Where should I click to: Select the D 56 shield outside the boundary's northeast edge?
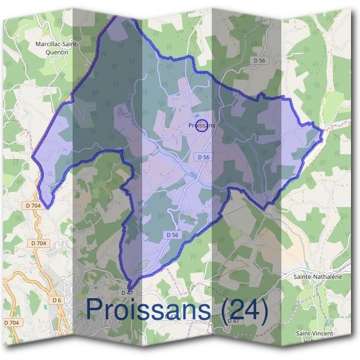click(x=259, y=61)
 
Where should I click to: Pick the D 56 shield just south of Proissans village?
click(x=203, y=157)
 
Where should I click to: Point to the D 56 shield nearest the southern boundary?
click(x=172, y=235)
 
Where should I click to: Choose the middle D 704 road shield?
click(x=39, y=243)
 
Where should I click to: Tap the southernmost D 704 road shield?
click(x=12, y=323)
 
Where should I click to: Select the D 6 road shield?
click(x=57, y=299)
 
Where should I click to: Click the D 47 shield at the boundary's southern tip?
click(x=127, y=292)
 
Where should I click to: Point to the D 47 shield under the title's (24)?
click(x=233, y=321)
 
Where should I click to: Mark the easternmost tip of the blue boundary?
click(x=323, y=130)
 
